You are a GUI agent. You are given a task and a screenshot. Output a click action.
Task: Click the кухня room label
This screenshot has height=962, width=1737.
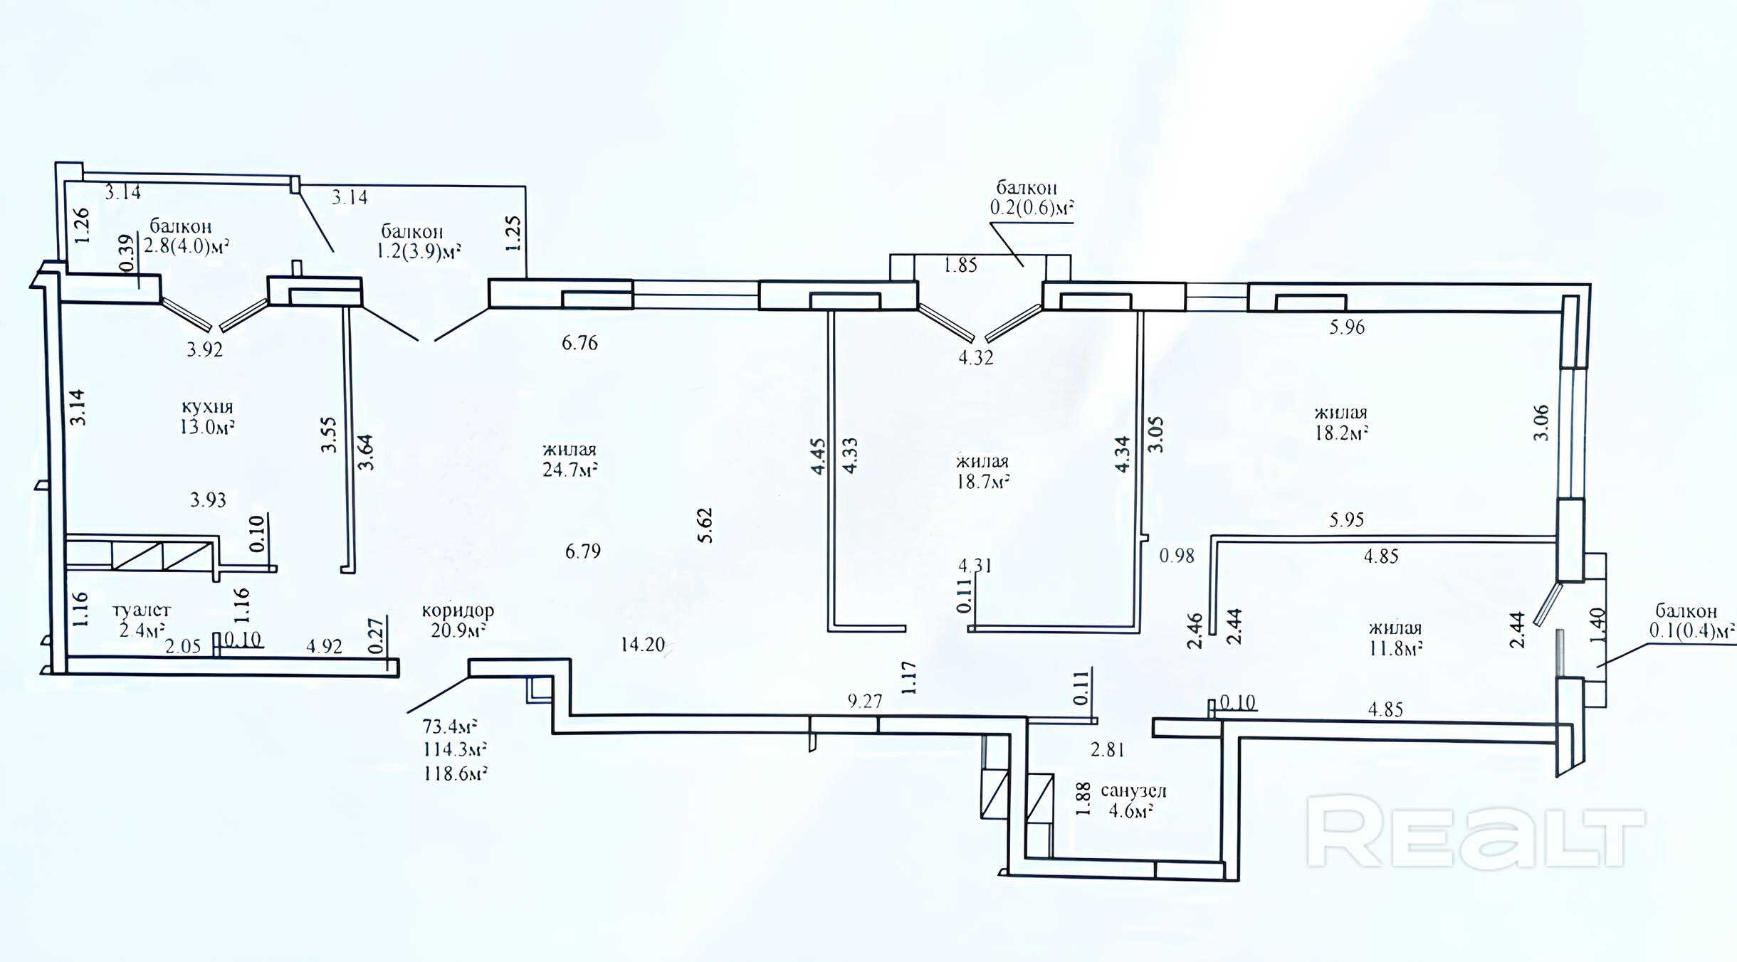[208, 408]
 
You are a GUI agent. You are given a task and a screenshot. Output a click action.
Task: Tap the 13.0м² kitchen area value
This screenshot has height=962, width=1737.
[208, 427]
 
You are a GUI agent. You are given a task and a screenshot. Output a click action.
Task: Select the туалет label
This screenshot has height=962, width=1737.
[142, 610]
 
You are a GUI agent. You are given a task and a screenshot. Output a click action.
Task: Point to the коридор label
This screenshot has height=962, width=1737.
[458, 610]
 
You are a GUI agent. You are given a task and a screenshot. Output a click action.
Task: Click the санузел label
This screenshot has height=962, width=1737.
[1134, 791]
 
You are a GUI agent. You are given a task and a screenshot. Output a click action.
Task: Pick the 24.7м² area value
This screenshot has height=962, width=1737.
[570, 469]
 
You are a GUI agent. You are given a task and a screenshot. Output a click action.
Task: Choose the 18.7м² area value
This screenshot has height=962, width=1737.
[983, 481]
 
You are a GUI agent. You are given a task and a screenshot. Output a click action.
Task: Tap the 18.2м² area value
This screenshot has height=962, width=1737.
[1341, 432]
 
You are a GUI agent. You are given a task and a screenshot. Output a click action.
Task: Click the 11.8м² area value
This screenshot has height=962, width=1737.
[1395, 648]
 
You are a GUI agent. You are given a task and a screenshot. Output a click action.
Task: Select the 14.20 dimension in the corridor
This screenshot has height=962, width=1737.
[642, 645]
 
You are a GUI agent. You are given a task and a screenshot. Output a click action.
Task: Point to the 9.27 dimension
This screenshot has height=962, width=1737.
[865, 701]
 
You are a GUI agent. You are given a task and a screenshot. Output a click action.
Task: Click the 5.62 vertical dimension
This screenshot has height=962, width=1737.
[705, 526]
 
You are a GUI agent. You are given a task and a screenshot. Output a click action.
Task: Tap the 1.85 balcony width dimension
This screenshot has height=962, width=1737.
[960, 265]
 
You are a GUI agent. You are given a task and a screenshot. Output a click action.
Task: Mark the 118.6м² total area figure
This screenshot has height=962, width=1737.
[456, 773]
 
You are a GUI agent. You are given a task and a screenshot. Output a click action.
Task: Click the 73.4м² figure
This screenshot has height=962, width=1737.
[450, 726]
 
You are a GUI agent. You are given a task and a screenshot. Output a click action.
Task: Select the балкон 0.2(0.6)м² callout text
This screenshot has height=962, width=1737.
[1032, 198]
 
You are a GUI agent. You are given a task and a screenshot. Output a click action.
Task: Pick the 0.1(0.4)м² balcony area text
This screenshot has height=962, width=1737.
[1693, 630]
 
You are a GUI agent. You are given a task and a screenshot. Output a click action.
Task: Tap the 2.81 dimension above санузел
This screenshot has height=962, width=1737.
[1108, 749]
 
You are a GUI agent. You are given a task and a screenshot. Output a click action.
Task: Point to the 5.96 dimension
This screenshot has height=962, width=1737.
[1347, 327]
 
